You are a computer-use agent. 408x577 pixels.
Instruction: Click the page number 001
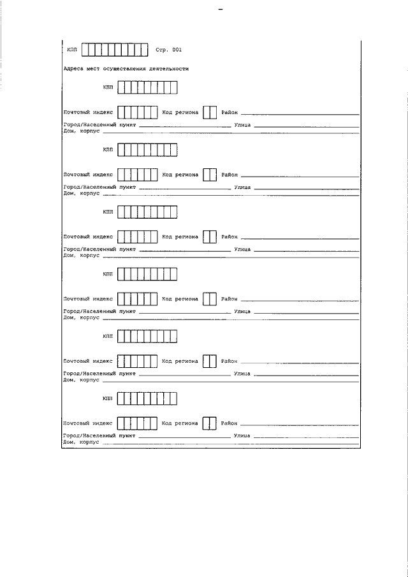tap(177, 50)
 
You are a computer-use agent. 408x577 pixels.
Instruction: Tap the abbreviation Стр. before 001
tap(162, 50)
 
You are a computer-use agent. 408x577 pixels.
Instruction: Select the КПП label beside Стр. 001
tap(73, 50)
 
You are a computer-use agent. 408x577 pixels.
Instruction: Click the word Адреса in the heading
tap(73, 69)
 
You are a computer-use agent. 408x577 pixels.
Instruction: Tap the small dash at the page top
tap(221, 9)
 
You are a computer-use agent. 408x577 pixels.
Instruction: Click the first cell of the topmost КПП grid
tap(85, 50)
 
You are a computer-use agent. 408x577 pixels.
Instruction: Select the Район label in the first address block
tap(229, 113)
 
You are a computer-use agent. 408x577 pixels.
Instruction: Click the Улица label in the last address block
tap(242, 436)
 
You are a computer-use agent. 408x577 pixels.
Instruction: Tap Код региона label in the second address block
tap(180, 175)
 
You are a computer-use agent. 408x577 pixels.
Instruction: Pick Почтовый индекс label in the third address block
tap(89, 237)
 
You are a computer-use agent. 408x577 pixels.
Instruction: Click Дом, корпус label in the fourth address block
tap(82, 318)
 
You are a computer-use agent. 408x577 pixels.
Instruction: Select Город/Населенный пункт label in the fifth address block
tap(99, 374)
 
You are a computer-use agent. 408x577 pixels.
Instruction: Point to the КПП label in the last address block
tap(108, 398)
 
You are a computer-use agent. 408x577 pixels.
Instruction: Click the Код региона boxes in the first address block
tap(210, 113)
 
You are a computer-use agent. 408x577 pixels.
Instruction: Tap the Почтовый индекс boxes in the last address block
tap(137, 423)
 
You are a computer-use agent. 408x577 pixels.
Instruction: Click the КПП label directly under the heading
tap(108, 87)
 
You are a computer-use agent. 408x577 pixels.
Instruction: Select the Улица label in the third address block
tap(242, 249)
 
